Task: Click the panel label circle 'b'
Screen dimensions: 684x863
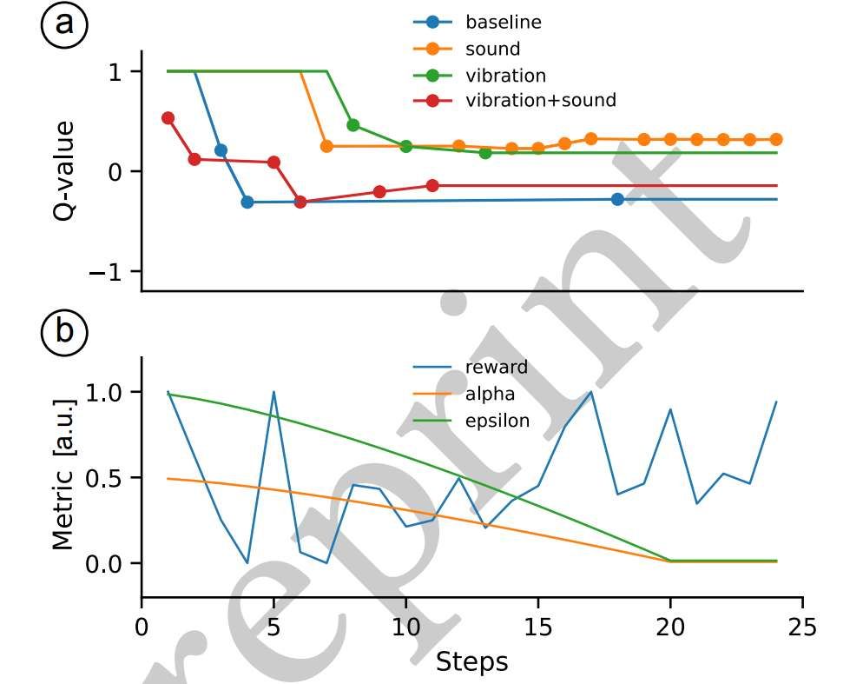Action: click(64, 331)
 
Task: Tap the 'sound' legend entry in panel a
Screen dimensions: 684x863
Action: click(492, 48)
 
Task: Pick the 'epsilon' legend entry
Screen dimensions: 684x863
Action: click(497, 422)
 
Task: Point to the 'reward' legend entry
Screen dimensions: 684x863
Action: click(496, 367)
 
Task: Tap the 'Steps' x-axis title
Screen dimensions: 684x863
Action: click(471, 662)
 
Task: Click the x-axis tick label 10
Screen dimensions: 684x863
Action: click(405, 627)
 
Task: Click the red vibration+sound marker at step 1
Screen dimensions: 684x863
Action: click(168, 118)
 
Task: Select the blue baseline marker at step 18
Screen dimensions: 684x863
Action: click(617, 199)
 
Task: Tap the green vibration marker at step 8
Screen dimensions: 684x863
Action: click(353, 125)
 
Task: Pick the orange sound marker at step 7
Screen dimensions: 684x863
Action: click(326, 146)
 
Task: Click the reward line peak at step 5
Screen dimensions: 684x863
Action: click(273, 392)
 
